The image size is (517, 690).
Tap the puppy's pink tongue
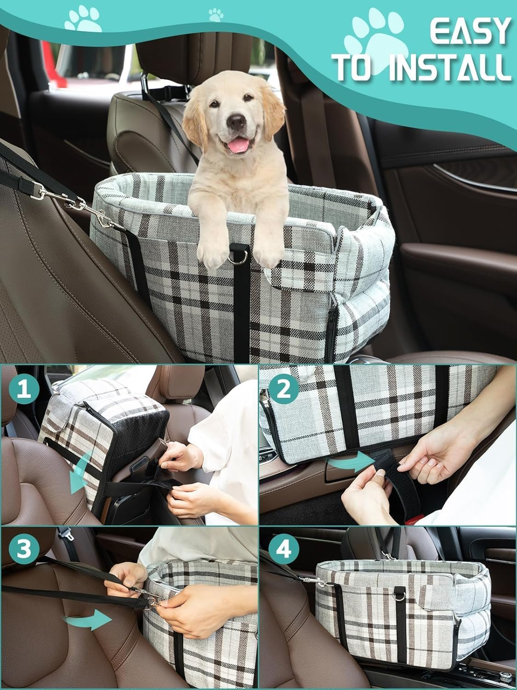238,146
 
